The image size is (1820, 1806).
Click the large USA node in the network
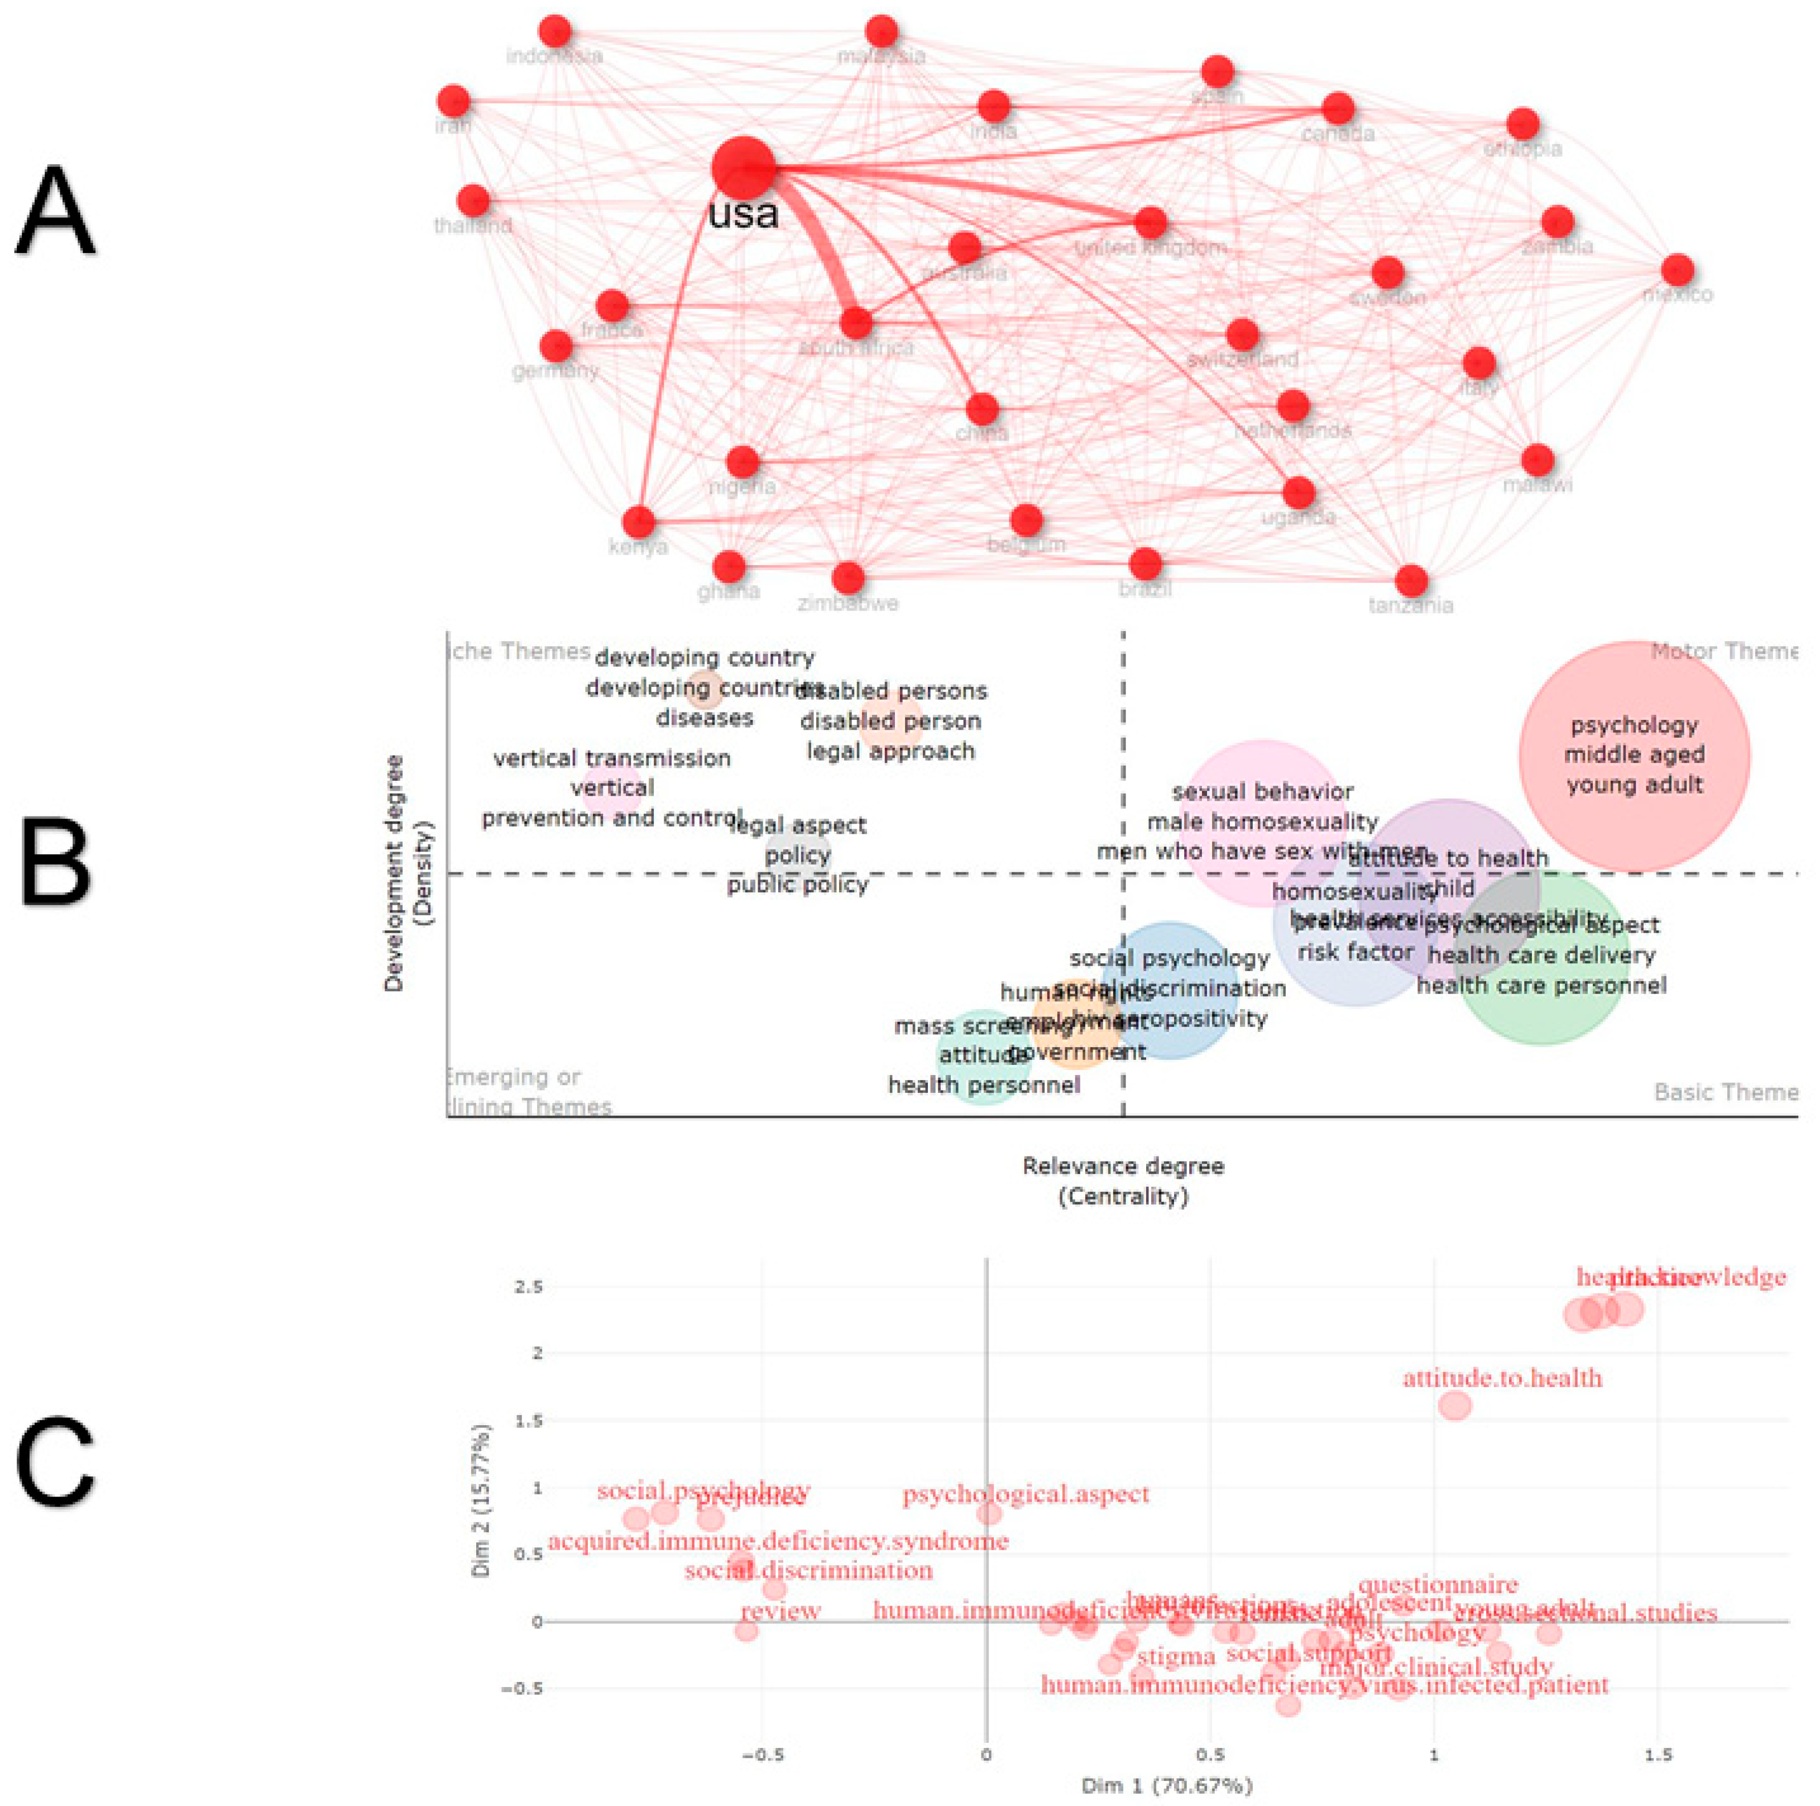tap(743, 167)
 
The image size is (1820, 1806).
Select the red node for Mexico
tap(1677, 270)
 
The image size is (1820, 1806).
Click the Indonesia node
tap(556, 31)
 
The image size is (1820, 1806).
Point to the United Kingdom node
tap(1150, 223)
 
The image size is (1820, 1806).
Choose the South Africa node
tap(855, 323)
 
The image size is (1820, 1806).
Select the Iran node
tap(453, 102)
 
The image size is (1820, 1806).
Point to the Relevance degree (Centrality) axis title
tap(1123, 1181)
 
